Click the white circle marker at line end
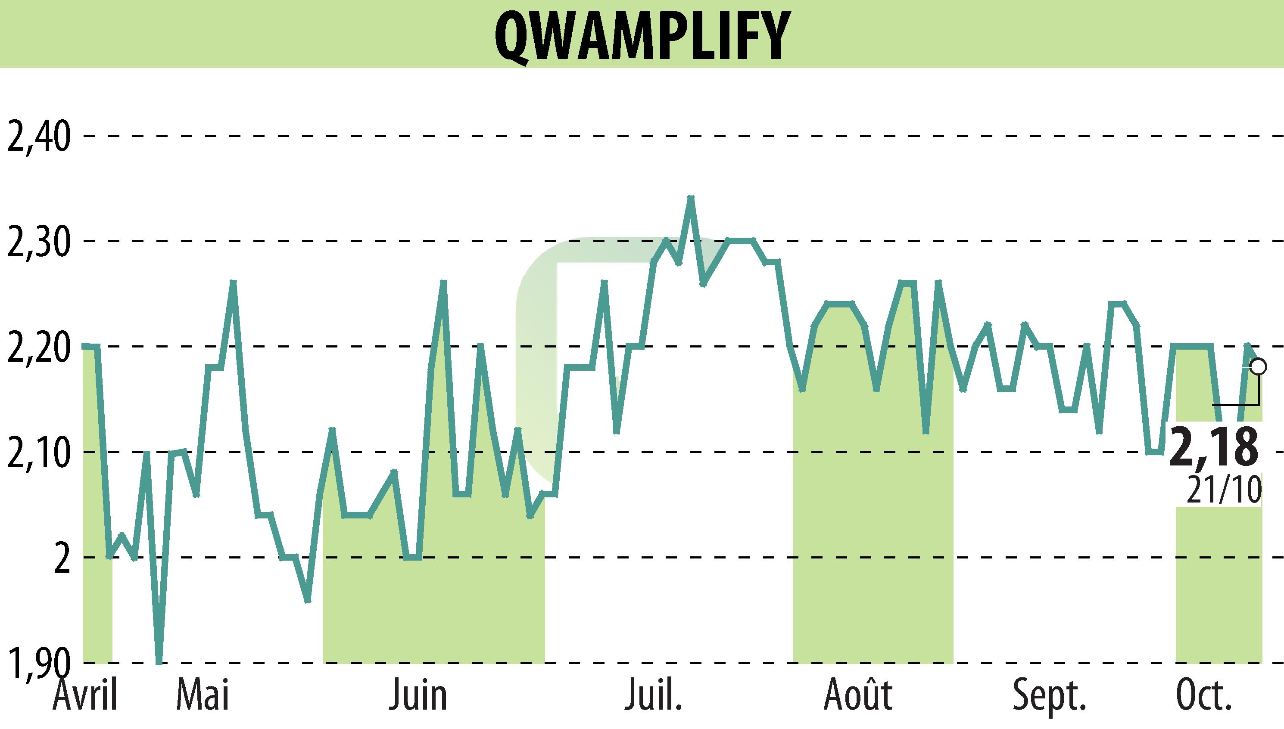coord(1258,366)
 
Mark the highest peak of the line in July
coord(691,198)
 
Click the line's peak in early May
coord(233,282)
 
